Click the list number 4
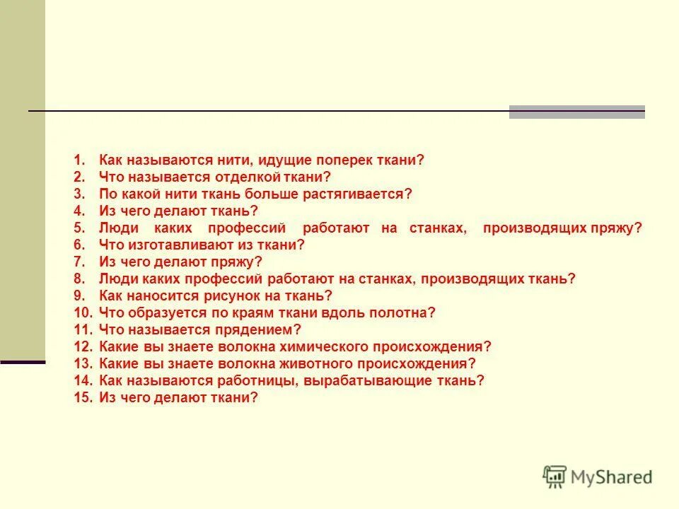pyautogui.click(x=79, y=211)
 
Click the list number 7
pyautogui.click(x=79, y=262)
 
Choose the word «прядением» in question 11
pyautogui.click(x=265, y=330)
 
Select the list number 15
pyautogui.click(x=83, y=398)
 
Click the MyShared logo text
pyautogui.click(x=612, y=477)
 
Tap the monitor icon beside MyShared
pyautogui.click(x=555, y=476)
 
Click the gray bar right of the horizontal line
pyautogui.click(x=576, y=112)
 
